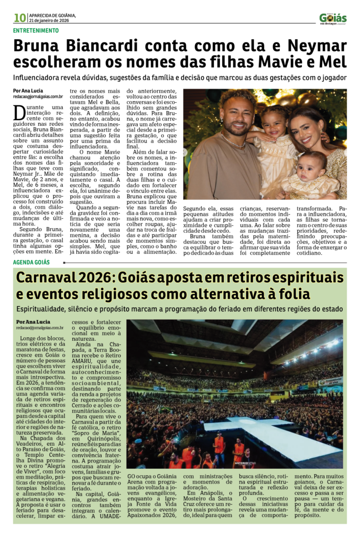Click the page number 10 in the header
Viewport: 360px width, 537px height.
20,18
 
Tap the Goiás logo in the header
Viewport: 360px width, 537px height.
333,18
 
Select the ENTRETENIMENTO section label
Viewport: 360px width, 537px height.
36,30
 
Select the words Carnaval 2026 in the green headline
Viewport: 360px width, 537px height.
66,277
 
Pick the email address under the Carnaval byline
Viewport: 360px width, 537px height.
40,327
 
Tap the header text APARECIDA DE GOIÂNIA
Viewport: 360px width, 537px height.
52,15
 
